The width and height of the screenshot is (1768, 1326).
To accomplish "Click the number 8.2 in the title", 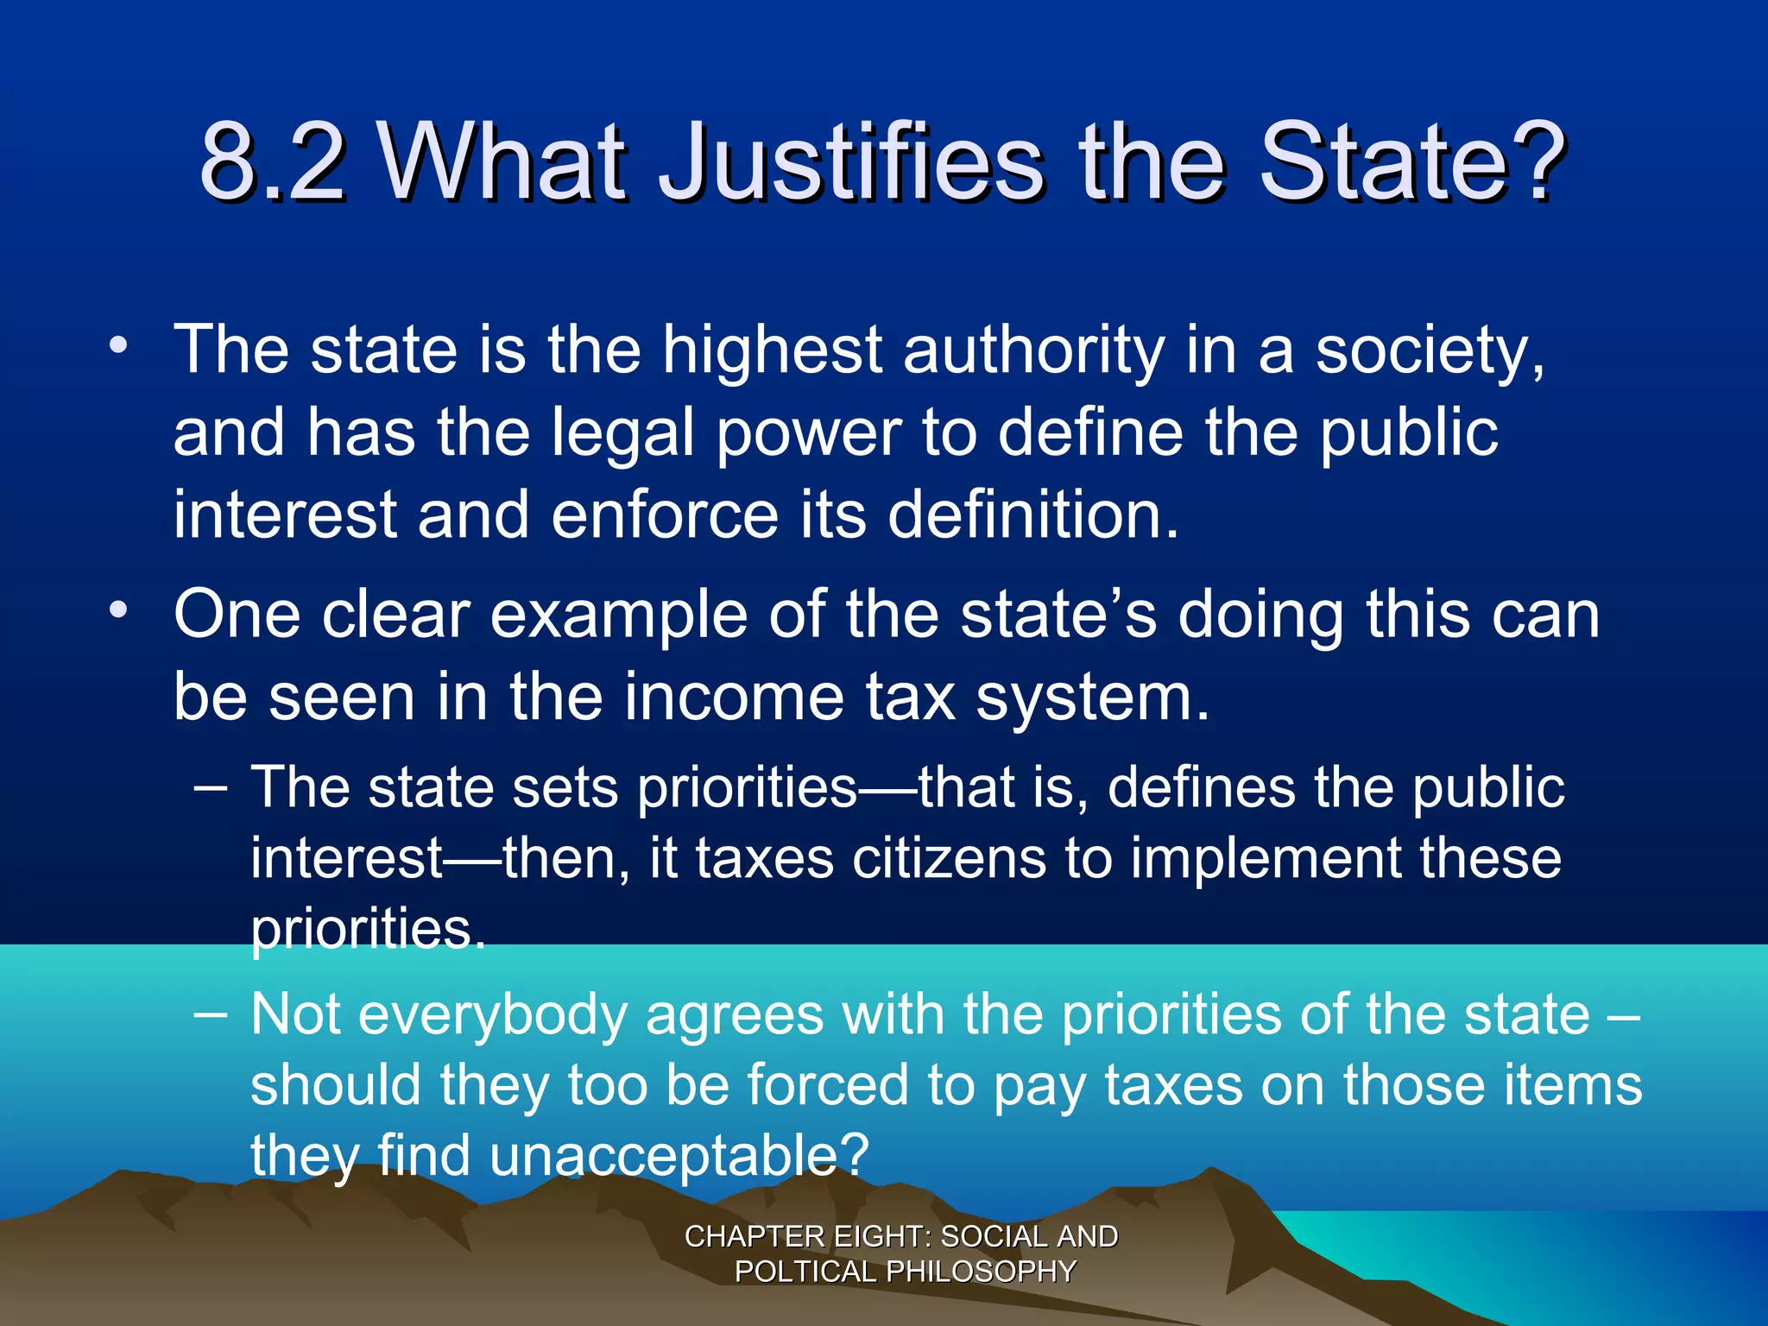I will tap(273, 161).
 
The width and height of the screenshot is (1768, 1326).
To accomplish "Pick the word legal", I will tap(622, 433).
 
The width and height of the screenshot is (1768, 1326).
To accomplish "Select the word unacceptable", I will tap(679, 1156).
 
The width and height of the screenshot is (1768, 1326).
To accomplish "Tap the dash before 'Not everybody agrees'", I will tap(211, 1013).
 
